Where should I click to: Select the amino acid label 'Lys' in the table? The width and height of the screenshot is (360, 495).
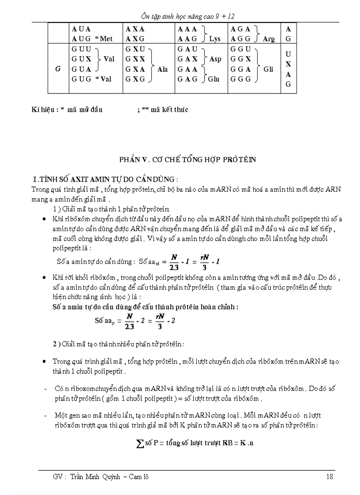tap(215, 39)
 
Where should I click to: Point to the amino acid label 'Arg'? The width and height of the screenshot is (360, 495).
tap(268, 39)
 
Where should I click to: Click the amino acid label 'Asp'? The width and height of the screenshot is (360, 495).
tap(215, 59)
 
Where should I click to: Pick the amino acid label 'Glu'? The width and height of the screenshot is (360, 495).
tap(214, 79)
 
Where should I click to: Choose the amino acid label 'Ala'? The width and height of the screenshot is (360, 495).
tap(162, 69)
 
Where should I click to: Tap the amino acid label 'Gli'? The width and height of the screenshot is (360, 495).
tap(268, 69)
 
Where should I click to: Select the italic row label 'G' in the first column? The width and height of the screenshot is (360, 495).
tap(58, 69)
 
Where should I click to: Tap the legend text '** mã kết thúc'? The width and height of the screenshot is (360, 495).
tap(165, 110)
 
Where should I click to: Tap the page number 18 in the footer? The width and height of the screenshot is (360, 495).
tap(330, 476)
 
